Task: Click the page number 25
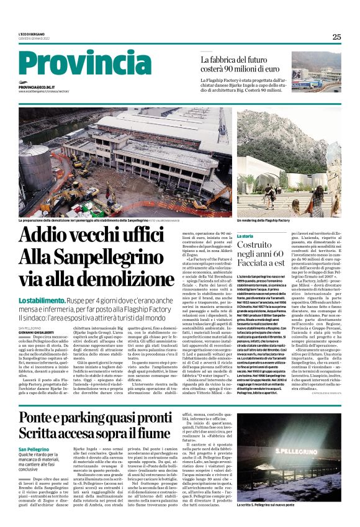336,37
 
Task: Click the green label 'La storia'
245,236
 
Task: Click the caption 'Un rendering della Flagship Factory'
263,220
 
